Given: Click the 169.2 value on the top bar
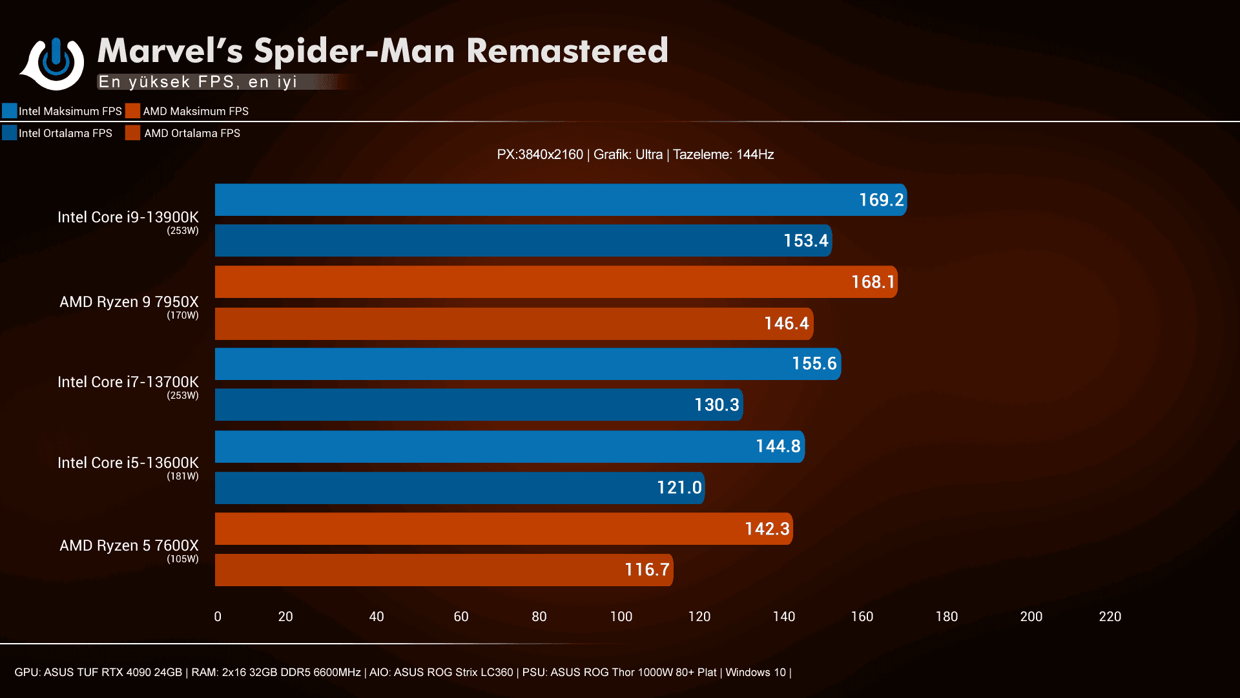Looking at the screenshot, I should (x=881, y=200).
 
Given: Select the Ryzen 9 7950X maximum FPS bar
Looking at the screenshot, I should (x=555, y=282).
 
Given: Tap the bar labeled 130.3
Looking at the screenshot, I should (x=478, y=405).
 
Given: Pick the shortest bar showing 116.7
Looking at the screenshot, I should (x=443, y=570).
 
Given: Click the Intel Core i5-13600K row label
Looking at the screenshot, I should (x=128, y=463).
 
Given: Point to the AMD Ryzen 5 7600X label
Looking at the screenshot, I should (x=129, y=545).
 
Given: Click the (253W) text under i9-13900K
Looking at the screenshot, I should (x=183, y=231).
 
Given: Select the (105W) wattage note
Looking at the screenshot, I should (x=183, y=559).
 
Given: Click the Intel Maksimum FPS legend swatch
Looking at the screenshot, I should (x=10, y=111).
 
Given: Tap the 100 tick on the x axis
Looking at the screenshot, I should (x=621, y=617).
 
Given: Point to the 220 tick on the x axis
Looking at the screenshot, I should (x=1110, y=617).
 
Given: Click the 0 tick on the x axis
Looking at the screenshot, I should (x=218, y=617).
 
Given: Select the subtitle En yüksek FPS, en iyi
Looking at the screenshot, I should (x=198, y=82).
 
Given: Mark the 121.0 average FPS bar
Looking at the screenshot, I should (x=459, y=488).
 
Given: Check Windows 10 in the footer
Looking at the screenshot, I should (x=755, y=672).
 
